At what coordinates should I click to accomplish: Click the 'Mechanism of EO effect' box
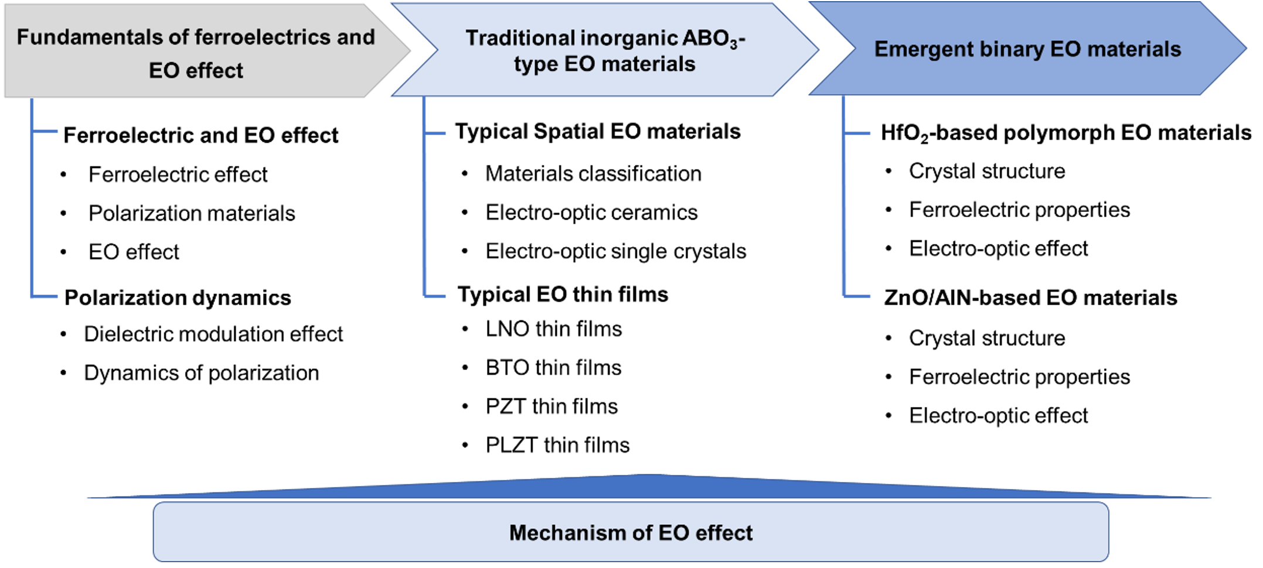(631, 532)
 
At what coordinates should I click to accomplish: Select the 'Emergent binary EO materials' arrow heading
(1027, 49)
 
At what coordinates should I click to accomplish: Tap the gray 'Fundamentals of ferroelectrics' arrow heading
(207, 51)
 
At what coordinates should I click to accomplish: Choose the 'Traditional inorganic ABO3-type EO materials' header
(605, 50)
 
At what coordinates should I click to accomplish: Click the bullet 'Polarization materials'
(192, 213)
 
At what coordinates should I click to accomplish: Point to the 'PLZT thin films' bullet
(557, 445)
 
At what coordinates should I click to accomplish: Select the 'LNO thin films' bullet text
(553, 329)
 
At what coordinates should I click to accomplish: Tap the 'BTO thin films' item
(553, 368)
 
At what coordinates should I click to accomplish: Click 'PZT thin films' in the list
(552, 406)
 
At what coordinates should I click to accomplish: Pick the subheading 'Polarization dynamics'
(178, 297)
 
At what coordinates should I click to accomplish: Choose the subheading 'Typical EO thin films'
(563, 294)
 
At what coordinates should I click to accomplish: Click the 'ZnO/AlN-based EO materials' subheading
(1030, 297)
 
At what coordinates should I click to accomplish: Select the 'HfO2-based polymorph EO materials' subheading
(1066, 133)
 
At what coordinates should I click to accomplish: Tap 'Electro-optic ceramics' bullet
(591, 213)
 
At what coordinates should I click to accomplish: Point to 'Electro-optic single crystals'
(616, 251)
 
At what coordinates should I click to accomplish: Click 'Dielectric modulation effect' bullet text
(213, 334)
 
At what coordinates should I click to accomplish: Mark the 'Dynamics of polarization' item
(202, 373)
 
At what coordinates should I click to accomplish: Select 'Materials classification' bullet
(593, 174)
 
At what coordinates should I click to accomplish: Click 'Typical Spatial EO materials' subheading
(598, 131)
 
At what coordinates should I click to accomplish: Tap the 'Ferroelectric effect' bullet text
(178, 174)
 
